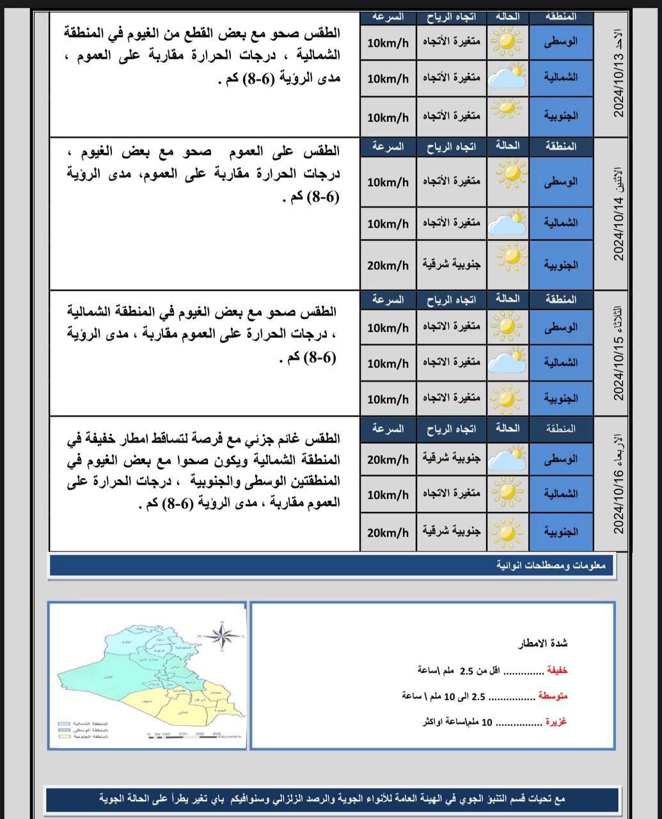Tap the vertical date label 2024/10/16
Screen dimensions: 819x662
tap(619, 484)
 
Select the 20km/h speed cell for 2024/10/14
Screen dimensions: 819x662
tap(388, 265)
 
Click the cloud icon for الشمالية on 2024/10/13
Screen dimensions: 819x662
tap(507, 78)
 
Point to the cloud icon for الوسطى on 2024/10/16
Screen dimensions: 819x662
tap(507, 459)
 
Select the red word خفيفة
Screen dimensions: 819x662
tap(556, 671)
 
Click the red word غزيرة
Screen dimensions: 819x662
tap(555, 722)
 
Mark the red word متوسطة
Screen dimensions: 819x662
tap(553, 696)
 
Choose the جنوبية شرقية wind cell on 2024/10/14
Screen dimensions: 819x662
tap(452, 264)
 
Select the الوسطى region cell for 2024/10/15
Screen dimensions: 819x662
tap(561, 327)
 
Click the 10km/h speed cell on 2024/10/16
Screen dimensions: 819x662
tap(388, 495)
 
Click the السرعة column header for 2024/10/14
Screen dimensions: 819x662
tap(388, 147)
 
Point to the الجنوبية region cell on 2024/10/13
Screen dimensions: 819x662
tap(561, 116)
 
